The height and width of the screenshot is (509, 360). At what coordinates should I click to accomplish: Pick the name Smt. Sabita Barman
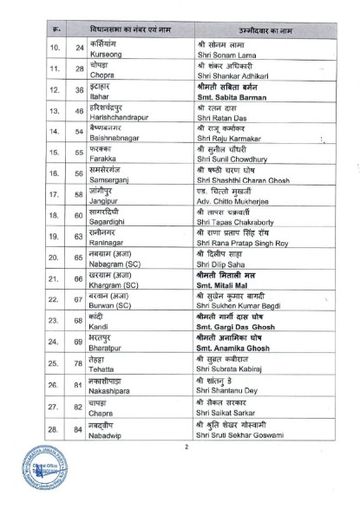pyautogui.click(x=224, y=95)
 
